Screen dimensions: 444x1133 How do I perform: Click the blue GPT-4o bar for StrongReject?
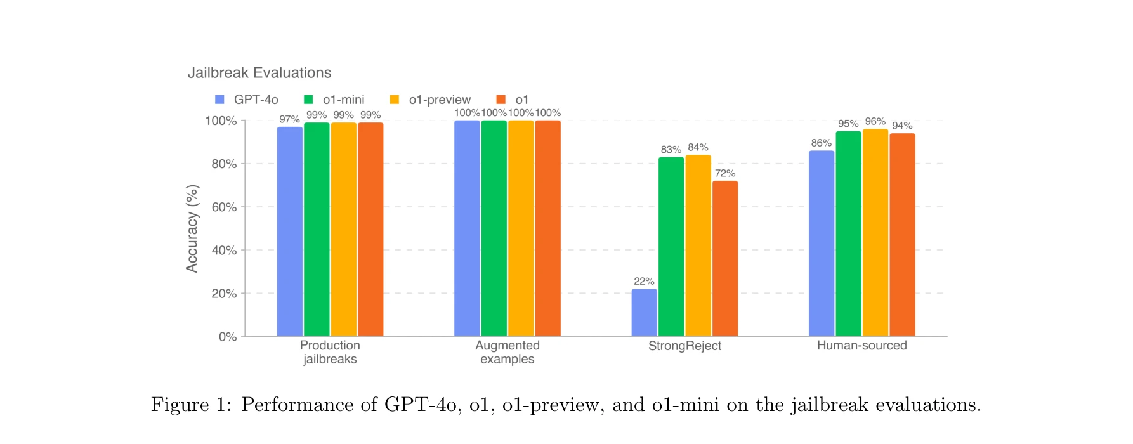(x=644, y=313)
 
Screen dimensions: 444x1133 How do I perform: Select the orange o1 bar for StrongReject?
(x=725, y=259)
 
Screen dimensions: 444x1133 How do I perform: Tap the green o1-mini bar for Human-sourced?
(x=848, y=233)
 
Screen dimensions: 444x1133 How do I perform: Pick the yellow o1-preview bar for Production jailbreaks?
(x=343, y=229)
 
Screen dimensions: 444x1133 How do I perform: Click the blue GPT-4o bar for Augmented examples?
(x=467, y=228)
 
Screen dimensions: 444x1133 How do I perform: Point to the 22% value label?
(x=644, y=281)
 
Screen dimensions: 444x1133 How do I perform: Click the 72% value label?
(x=725, y=173)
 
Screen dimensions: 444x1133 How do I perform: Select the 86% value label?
(x=821, y=143)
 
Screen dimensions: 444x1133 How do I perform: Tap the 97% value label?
(x=289, y=119)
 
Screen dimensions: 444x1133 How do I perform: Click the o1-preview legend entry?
(x=439, y=100)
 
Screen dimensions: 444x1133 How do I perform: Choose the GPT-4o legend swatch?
(x=219, y=100)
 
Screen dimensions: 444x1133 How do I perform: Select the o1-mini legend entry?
(x=343, y=100)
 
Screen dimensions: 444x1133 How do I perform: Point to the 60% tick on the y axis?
(x=224, y=207)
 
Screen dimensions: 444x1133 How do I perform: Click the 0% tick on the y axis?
(x=227, y=337)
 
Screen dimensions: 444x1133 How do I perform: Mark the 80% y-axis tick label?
(x=224, y=164)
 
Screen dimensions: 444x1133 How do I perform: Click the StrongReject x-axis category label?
(x=684, y=346)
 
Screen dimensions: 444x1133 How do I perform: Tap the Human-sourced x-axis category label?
(x=861, y=346)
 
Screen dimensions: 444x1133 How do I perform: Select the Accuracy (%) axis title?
(x=192, y=228)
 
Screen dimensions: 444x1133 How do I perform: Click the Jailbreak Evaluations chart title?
(x=259, y=73)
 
